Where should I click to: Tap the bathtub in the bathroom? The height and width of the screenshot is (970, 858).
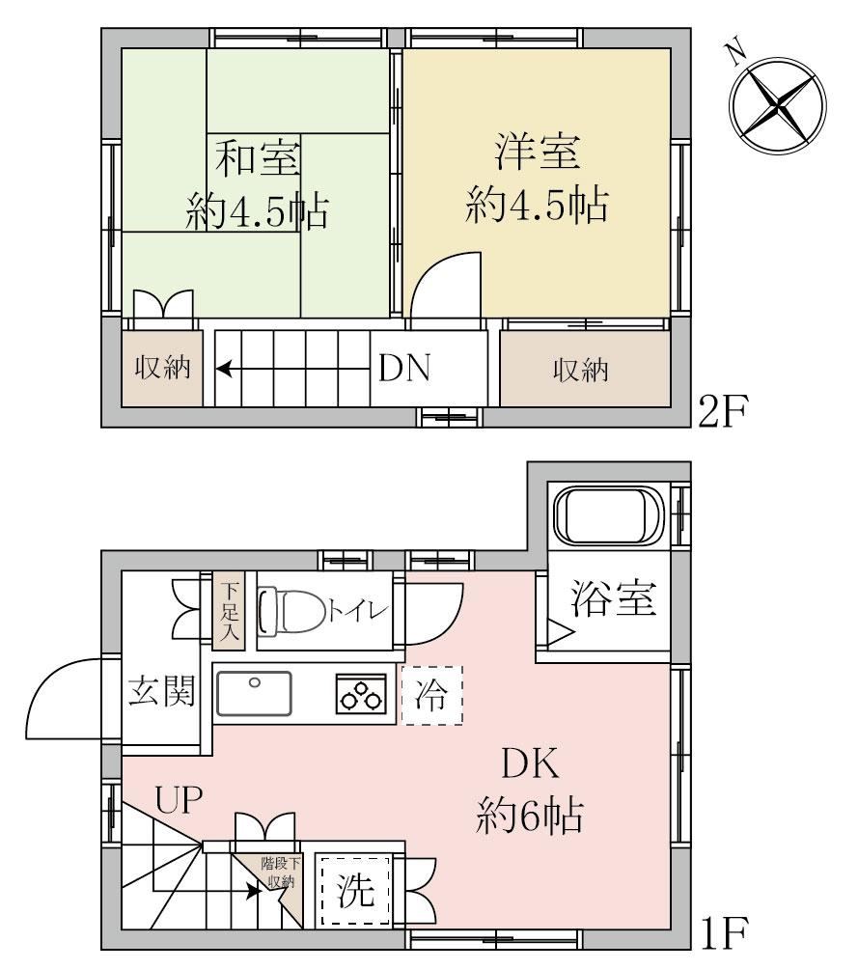coord(609,514)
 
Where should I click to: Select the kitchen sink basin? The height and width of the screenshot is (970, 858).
coord(254,693)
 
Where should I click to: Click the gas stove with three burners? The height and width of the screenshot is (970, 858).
coord(361,693)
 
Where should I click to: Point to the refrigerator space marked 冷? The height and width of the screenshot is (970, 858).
coord(431,695)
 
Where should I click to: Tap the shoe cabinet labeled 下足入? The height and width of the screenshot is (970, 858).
coord(229,611)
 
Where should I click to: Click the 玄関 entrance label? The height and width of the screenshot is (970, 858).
coord(162,690)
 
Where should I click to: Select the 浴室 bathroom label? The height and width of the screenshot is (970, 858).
coord(613,597)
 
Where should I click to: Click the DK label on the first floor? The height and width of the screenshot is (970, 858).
coord(530,764)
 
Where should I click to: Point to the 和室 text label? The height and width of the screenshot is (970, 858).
coord(258,158)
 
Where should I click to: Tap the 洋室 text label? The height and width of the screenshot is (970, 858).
coord(538,152)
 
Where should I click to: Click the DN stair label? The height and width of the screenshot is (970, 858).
coord(404,369)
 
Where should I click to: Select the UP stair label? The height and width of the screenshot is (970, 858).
coord(179,799)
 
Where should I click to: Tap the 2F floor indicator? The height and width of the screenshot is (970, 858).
coord(724,411)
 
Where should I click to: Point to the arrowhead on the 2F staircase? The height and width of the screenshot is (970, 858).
coord(223,370)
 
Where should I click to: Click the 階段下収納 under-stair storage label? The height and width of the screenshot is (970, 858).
coord(281,873)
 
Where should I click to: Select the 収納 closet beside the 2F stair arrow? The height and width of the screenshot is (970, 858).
coord(162,369)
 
